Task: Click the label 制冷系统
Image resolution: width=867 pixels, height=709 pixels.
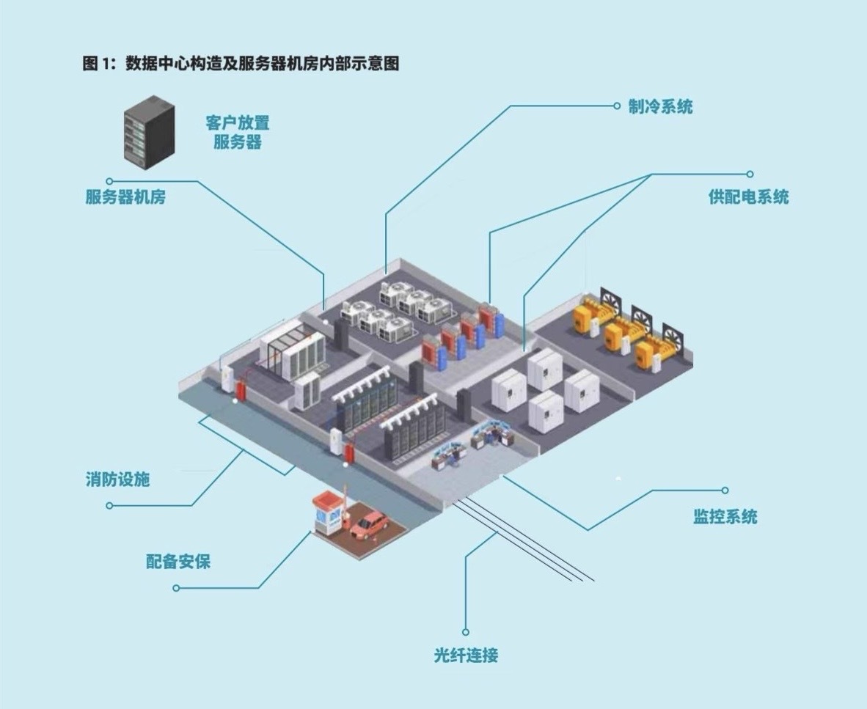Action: pyautogui.click(x=660, y=106)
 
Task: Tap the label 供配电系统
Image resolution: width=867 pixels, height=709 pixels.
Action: pyautogui.click(x=749, y=196)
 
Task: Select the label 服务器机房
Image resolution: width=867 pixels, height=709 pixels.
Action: pyautogui.click(x=125, y=196)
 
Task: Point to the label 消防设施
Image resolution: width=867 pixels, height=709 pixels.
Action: pyautogui.click(x=118, y=479)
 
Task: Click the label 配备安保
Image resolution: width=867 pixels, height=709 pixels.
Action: pyautogui.click(x=178, y=562)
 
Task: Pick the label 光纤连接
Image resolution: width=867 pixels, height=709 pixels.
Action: pyautogui.click(x=466, y=655)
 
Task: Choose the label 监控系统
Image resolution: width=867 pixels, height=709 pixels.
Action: pyautogui.click(x=725, y=517)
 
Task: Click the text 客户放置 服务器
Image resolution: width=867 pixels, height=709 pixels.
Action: pyautogui.click(x=238, y=132)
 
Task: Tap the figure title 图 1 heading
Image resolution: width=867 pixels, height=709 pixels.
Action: pyautogui.click(x=241, y=64)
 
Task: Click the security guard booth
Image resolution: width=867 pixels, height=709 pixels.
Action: pyautogui.click(x=327, y=513)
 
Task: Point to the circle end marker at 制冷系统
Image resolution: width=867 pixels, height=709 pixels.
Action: pyautogui.click(x=617, y=106)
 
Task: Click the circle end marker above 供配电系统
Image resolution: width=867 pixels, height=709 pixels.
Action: pyautogui.click(x=750, y=174)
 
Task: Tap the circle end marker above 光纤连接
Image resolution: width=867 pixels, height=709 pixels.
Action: pyautogui.click(x=466, y=632)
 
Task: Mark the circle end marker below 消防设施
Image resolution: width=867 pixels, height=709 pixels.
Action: pyautogui.click(x=109, y=506)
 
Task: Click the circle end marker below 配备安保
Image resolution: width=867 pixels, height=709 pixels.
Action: pyautogui.click(x=176, y=588)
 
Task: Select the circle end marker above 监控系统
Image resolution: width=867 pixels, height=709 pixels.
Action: pyautogui.click(x=725, y=491)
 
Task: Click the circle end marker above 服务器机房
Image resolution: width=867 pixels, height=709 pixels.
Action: pyautogui.click(x=109, y=181)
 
